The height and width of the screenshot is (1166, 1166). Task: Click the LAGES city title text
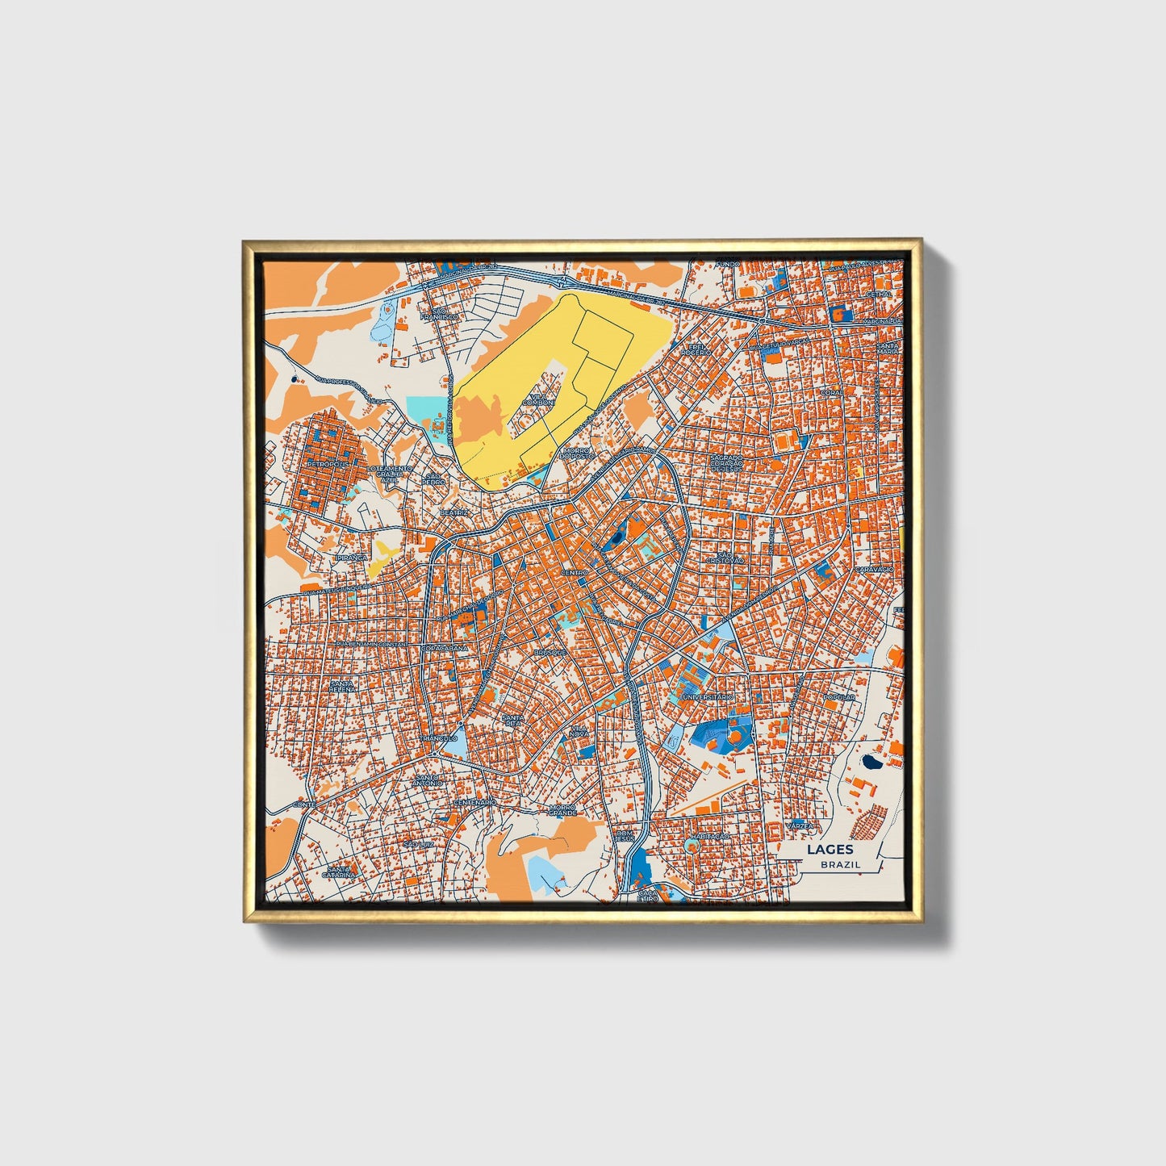click(830, 849)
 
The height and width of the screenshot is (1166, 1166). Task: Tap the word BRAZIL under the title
click(840, 864)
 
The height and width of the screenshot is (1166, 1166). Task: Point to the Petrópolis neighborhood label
click(327, 465)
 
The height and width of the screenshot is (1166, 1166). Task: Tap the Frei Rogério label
click(695, 349)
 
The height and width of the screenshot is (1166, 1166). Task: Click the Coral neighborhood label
click(831, 393)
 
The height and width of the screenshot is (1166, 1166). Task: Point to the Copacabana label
click(445, 648)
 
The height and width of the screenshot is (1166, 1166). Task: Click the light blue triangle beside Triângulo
click(454, 749)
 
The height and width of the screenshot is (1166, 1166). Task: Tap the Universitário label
click(708, 696)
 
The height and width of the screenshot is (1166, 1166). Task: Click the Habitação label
click(710, 838)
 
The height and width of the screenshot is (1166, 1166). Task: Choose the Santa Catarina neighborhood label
click(339, 871)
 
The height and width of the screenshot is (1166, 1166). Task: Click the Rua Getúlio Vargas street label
click(779, 342)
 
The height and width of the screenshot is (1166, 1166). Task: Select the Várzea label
click(799, 826)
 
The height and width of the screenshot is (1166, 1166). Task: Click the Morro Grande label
click(562, 809)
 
